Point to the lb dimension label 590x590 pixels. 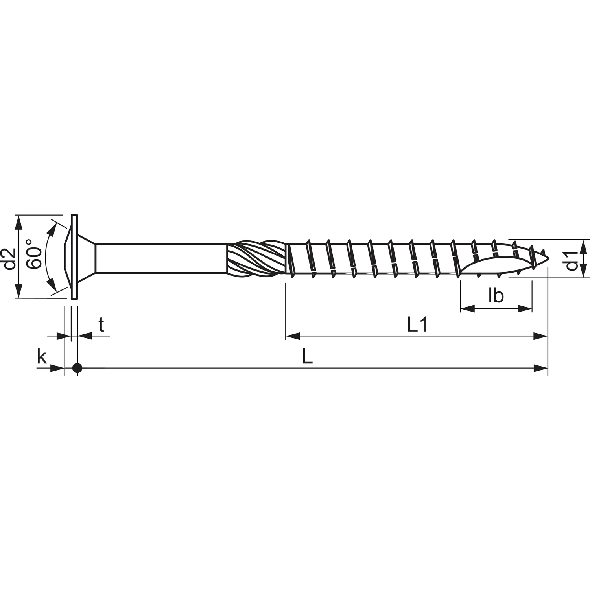[496, 295]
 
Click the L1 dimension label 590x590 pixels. [417, 325]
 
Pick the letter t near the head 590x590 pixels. [101, 325]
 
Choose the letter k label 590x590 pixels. [42, 357]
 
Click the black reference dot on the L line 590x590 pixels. [77, 368]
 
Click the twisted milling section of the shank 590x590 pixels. [256, 259]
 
